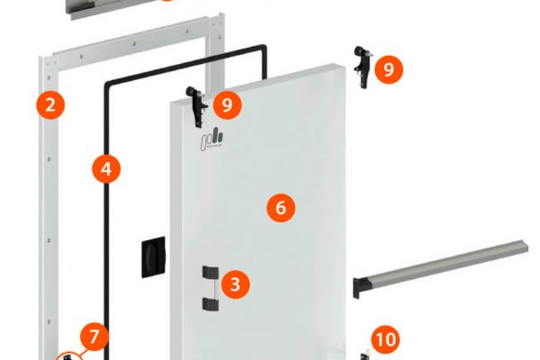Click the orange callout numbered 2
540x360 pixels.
(x=50, y=104)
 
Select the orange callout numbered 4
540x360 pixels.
(x=106, y=169)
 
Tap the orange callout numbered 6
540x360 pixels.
(x=281, y=208)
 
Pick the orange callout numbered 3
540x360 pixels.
(x=236, y=284)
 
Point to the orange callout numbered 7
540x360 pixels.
(x=94, y=337)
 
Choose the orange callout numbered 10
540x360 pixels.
(x=386, y=339)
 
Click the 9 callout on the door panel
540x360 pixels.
(x=228, y=104)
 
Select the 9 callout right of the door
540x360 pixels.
(x=389, y=69)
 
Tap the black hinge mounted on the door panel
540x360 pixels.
(x=196, y=106)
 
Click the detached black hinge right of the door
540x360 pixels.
(x=363, y=67)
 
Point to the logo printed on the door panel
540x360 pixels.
(x=212, y=139)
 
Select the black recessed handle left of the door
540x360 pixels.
(x=153, y=256)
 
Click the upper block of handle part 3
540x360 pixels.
(x=210, y=272)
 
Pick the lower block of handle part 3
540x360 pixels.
(x=210, y=304)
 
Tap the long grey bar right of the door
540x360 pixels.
(x=441, y=265)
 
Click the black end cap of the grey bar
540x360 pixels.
(x=356, y=289)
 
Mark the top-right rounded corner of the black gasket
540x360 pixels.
(x=263, y=48)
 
